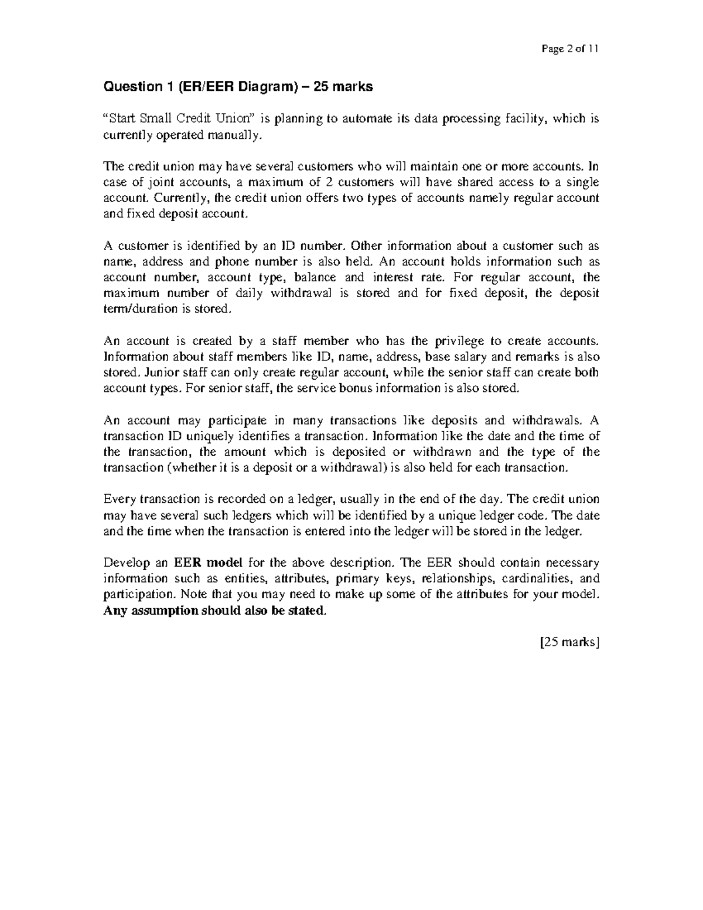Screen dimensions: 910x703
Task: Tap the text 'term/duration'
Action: point(136,309)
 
